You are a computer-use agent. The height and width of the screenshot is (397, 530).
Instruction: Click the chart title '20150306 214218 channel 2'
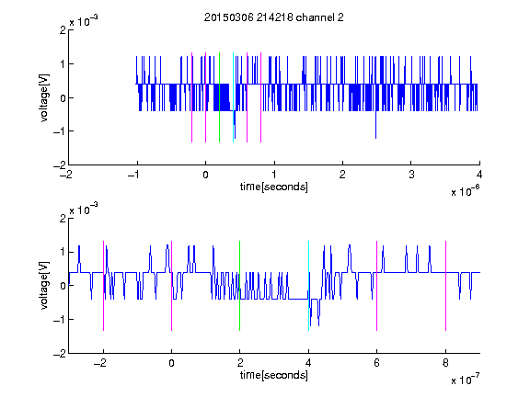274,17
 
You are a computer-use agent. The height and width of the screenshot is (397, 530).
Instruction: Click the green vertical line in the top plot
219,97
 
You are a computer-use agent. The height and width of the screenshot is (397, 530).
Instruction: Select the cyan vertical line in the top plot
233,97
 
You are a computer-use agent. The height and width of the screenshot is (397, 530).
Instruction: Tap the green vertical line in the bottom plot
239,286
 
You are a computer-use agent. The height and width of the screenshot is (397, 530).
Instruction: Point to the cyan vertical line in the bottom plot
308,286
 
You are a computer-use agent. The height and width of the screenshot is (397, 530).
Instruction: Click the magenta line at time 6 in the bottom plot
377,286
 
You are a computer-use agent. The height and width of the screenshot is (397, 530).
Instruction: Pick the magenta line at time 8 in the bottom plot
446,286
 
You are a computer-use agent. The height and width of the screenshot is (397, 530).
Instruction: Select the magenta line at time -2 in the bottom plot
103,286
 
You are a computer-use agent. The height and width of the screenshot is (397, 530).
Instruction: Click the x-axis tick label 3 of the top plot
411,175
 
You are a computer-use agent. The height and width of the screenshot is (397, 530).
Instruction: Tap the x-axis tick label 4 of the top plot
479,175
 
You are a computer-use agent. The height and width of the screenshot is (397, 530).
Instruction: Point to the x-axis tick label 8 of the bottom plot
445,363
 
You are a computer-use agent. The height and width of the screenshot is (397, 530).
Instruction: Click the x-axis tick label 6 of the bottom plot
377,363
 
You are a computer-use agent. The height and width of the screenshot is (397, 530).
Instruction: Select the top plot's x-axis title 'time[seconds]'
274,187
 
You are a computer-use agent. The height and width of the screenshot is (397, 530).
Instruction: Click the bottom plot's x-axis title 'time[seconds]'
274,375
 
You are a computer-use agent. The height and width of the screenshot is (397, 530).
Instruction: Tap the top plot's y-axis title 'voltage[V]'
44,97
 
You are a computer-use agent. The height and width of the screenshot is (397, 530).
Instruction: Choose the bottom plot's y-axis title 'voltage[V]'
44,285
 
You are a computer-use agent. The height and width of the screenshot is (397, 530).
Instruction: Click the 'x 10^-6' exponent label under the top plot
466,191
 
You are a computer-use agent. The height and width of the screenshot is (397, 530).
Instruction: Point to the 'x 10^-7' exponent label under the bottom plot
466,380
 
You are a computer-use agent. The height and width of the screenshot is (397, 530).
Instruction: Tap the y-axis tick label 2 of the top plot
63,30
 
